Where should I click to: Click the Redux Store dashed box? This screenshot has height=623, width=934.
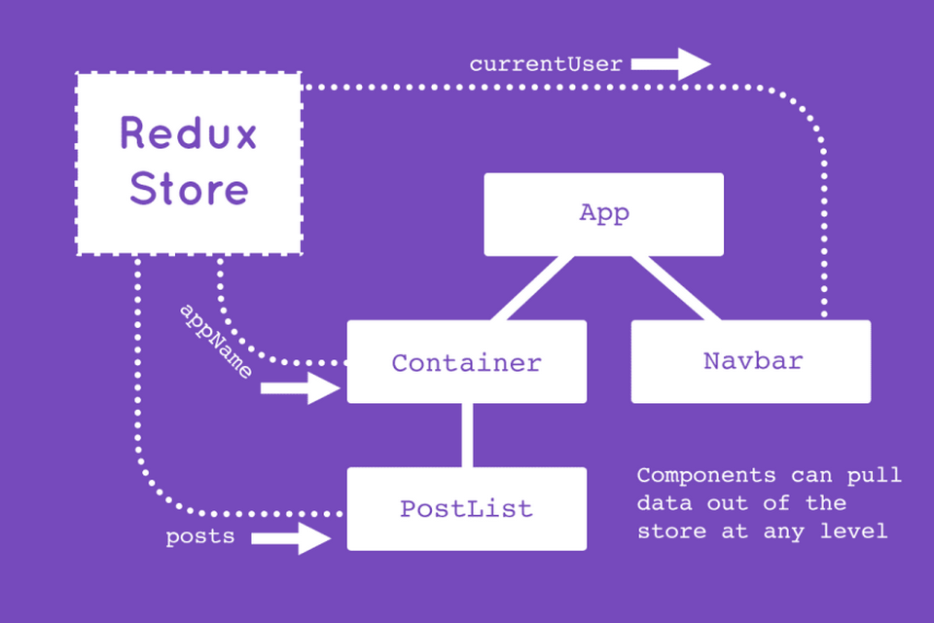[189, 163]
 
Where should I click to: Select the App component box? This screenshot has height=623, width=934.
[604, 214]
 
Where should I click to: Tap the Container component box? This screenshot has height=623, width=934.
[467, 362]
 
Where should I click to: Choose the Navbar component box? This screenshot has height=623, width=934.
[751, 361]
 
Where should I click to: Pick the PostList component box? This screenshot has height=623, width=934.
[467, 508]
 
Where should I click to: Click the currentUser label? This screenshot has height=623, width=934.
[546, 65]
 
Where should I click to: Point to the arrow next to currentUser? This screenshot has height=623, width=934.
[671, 65]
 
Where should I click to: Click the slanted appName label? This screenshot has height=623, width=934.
[216, 342]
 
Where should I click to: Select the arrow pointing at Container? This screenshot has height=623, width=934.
[301, 388]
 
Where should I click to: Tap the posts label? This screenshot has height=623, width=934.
[199, 536]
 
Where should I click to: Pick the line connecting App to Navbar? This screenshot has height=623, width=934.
[676, 289]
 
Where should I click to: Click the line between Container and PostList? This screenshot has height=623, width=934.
[467, 435]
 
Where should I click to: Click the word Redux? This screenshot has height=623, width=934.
[189, 132]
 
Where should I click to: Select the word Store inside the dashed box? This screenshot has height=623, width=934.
[189, 189]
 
